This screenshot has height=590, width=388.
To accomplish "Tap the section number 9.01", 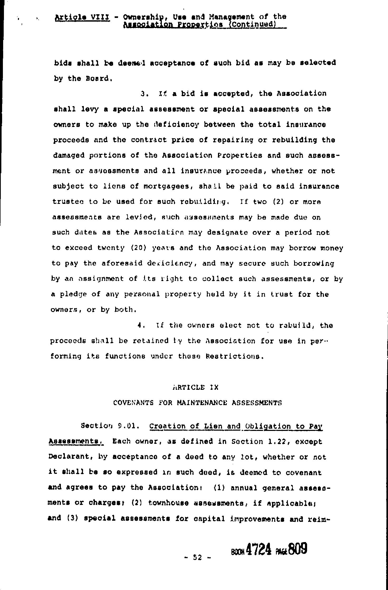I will tap(128, 426).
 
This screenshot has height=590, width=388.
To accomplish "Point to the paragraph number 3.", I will tap(143, 94).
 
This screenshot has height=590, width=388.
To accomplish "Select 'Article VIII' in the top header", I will tap(82, 17).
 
